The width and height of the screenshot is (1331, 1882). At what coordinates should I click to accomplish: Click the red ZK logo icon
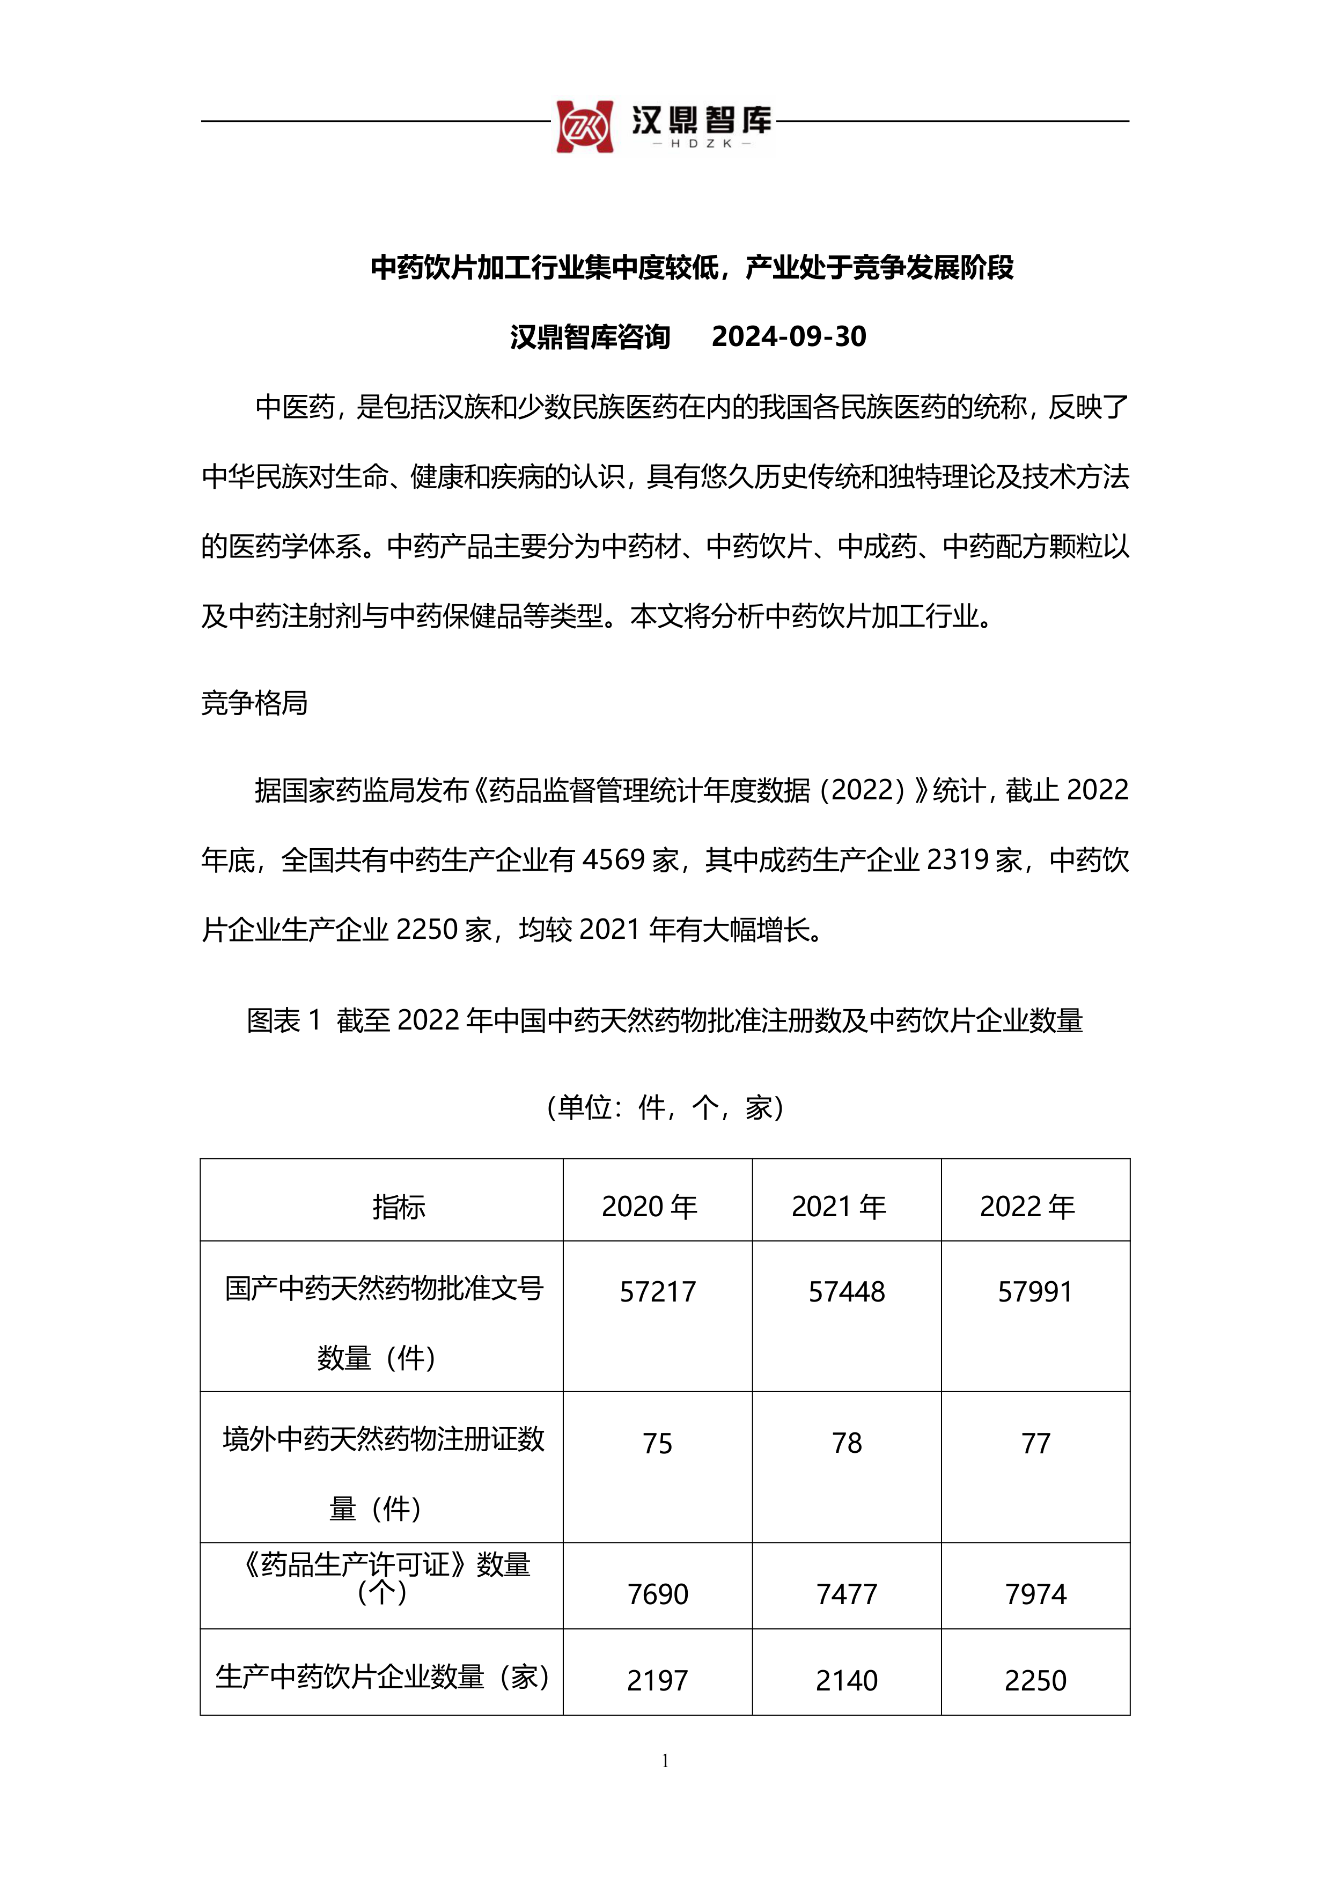click(584, 127)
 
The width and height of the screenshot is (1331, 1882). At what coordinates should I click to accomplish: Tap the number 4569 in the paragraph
click(614, 860)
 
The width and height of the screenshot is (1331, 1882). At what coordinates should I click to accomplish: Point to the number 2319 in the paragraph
click(958, 860)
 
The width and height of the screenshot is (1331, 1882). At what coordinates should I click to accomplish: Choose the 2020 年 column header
click(649, 1207)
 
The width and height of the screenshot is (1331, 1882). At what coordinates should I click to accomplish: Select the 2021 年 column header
click(839, 1207)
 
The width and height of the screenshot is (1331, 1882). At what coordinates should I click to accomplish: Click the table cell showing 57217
click(657, 1292)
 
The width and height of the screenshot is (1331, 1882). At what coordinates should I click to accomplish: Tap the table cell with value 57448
click(847, 1292)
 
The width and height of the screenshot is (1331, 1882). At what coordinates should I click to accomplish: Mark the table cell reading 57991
click(1035, 1292)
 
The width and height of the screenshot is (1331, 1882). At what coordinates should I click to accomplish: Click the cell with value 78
click(847, 1443)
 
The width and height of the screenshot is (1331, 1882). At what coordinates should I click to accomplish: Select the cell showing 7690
click(657, 1594)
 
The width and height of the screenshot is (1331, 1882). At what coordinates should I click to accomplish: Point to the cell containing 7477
click(847, 1594)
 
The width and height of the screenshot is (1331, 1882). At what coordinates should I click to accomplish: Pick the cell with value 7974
click(1035, 1594)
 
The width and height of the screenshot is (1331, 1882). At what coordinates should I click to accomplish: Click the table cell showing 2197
click(657, 1680)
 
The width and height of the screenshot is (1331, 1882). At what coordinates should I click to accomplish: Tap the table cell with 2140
click(847, 1680)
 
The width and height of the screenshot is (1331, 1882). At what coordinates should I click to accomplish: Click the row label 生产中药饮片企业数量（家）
click(382, 1677)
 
